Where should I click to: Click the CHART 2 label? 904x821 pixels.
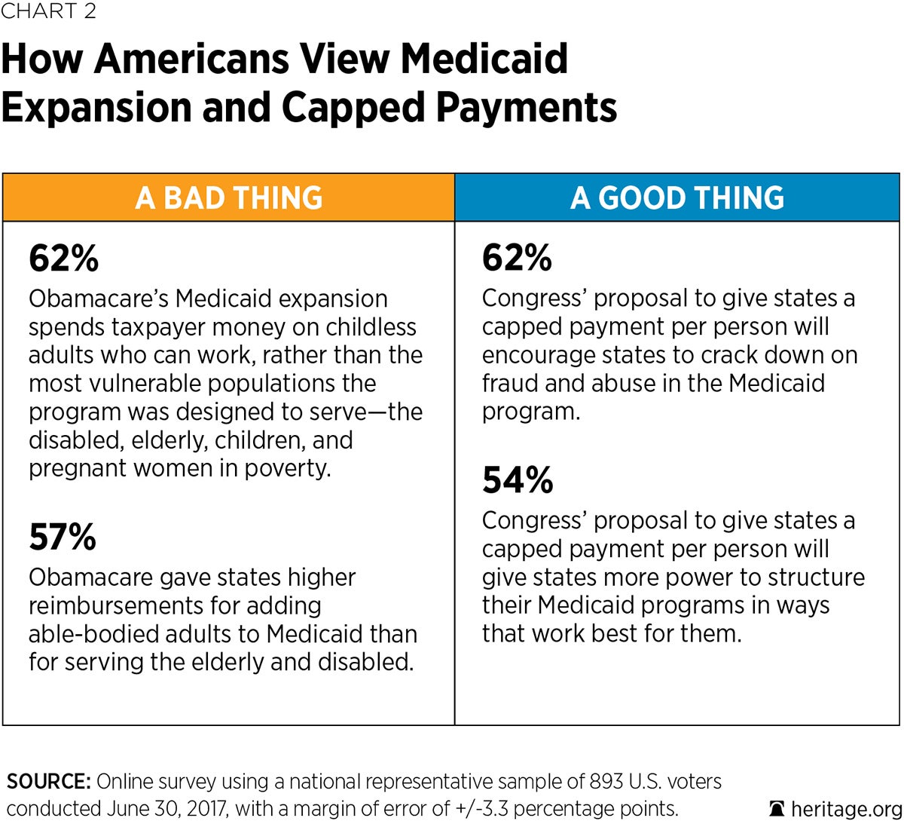(x=48, y=11)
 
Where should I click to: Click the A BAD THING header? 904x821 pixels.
(x=229, y=198)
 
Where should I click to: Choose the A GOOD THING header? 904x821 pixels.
(x=677, y=198)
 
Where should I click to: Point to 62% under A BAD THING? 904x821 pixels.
(x=64, y=259)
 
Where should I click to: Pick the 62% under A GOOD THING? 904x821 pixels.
(x=517, y=259)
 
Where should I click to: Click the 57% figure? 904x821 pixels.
(x=63, y=538)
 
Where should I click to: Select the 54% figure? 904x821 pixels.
(x=518, y=480)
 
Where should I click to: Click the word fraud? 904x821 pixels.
(x=512, y=383)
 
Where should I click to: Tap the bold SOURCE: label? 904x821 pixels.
(x=49, y=781)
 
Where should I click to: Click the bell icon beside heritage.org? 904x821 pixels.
(x=777, y=808)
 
